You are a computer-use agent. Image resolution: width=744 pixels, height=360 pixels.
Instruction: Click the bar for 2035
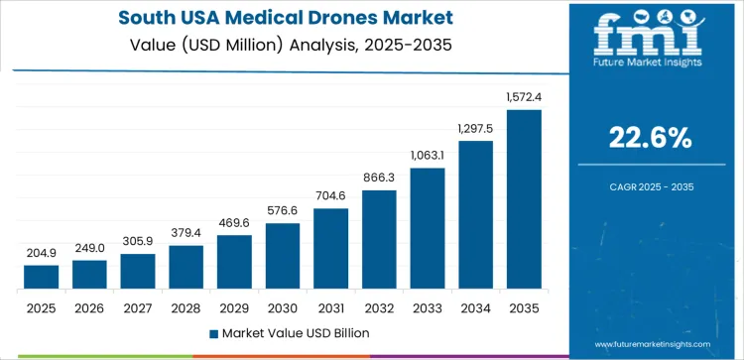524,199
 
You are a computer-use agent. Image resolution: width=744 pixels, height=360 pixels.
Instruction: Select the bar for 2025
42,277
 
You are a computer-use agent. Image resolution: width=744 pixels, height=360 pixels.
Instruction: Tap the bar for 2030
283,256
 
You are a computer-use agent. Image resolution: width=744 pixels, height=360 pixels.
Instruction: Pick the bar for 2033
428,228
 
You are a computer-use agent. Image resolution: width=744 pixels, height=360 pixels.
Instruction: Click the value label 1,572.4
524,97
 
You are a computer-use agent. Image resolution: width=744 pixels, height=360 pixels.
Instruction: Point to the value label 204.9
42,253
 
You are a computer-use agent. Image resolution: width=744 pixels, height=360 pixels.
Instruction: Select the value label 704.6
331,196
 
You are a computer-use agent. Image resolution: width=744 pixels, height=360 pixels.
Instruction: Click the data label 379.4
186,233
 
